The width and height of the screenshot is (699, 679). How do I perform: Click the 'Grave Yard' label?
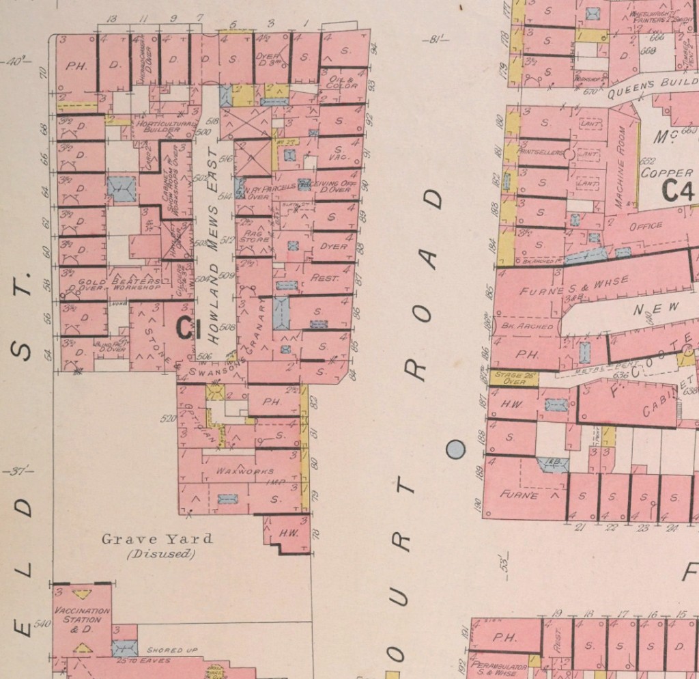click(x=157, y=539)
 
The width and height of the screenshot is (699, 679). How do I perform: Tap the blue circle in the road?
click(x=455, y=449)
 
